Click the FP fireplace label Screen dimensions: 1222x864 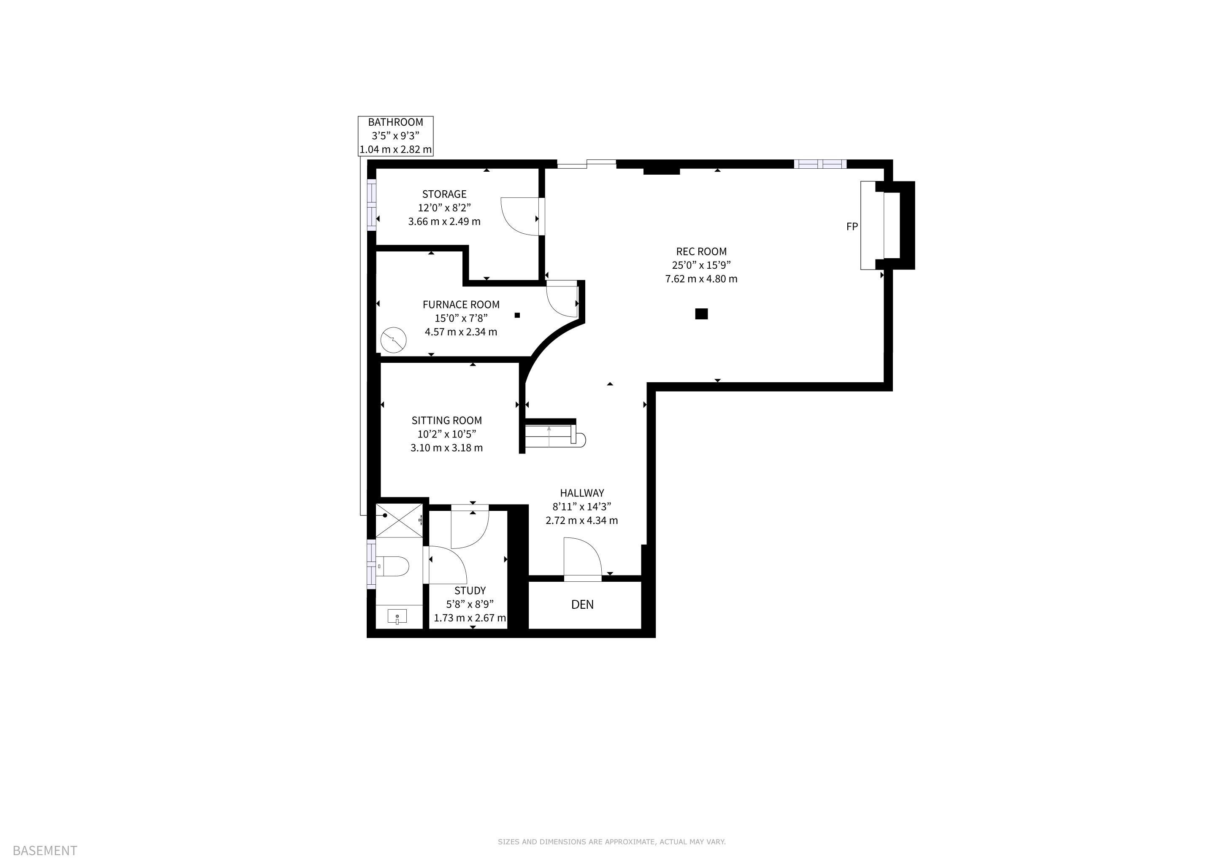click(x=852, y=227)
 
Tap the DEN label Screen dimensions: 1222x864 click(x=582, y=605)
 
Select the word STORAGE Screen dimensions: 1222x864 click(x=444, y=194)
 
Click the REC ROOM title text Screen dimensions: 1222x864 click(x=701, y=251)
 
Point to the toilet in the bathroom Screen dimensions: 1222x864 click(x=392, y=566)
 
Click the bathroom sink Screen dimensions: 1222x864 click(x=397, y=617)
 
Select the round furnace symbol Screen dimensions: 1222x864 click(x=394, y=340)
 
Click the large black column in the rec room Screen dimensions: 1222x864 click(x=701, y=314)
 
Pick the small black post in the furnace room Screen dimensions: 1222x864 click(x=517, y=315)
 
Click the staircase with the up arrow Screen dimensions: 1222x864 click(x=554, y=435)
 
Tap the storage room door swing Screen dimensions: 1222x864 click(x=521, y=216)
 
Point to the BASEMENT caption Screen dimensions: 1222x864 click(x=45, y=850)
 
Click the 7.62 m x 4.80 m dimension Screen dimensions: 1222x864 click(x=701, y=279)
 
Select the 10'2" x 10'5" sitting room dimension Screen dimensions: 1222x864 click(x=446, y=434)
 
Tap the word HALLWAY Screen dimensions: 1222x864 click(x=582, y=493)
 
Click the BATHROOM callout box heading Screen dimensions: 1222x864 click(x=395, y=122)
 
